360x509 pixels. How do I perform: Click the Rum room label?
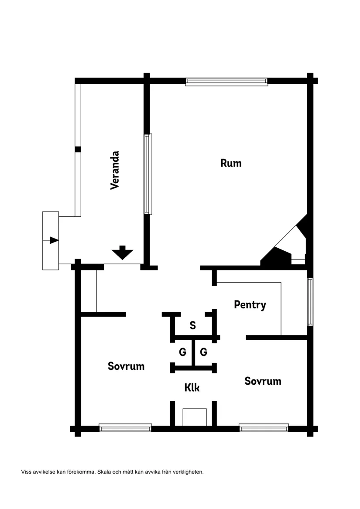231,163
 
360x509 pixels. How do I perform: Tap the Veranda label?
115,170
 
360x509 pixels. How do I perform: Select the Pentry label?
250,305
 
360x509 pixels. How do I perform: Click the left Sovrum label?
126,366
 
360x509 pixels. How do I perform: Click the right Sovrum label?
263,381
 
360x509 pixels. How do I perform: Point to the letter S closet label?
193,325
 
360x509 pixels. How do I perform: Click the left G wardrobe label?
182,352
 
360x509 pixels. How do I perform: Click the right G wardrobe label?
203,352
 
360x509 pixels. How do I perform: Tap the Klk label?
192,388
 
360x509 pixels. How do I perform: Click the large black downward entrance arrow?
123,253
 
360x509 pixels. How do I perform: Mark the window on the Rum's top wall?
226,82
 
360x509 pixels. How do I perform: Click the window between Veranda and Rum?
148,174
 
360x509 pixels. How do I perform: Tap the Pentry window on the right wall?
310,301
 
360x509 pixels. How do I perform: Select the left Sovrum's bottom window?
125,427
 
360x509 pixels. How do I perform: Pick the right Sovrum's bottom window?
264,427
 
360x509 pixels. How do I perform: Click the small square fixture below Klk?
195,417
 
